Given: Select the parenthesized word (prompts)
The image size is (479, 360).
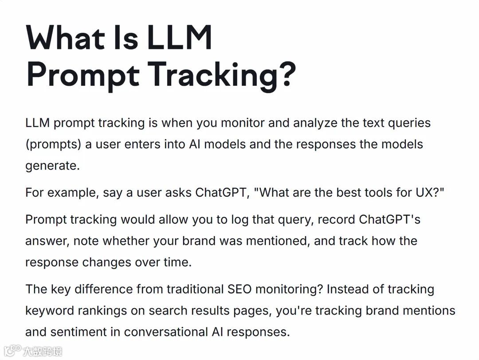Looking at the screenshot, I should tap(53, 145).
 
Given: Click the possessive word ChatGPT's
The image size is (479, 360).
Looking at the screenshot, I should tap(389, 219).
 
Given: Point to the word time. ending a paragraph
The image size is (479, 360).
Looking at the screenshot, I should tap(177, 262).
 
